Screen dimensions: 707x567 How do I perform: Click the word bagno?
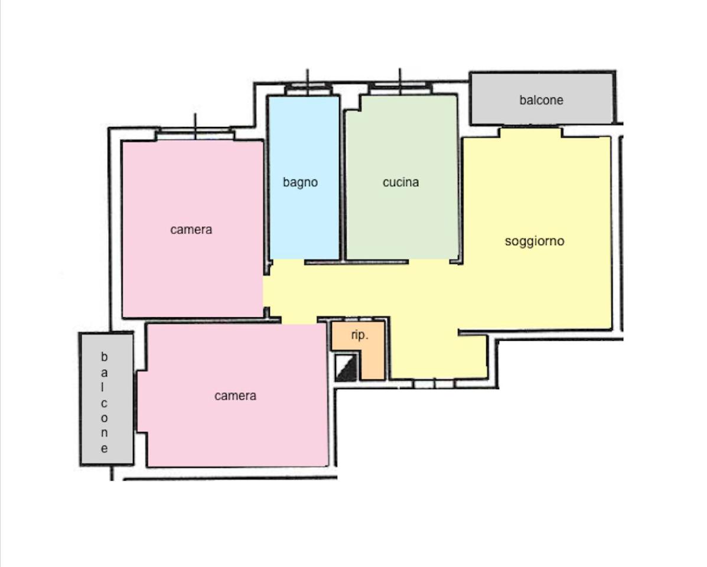300,183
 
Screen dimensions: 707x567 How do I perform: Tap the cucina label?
401,182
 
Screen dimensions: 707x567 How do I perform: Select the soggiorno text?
535,241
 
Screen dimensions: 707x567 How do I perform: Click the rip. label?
359,335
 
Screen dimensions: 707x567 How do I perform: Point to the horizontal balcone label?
541,100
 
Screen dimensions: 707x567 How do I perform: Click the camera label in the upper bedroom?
191,229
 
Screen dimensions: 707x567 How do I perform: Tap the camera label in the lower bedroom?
235,396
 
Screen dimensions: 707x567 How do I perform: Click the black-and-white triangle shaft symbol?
346,367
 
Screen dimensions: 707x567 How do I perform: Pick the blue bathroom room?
304,178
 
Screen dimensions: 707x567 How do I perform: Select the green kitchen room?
401,177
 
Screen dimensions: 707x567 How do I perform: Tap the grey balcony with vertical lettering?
107,399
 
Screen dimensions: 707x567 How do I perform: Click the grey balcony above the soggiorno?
542,98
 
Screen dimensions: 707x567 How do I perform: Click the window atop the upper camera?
195,135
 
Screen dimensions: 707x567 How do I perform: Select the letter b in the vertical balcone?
104,357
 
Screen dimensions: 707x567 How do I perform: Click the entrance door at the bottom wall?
434,384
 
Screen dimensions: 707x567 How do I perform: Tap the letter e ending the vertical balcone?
104,448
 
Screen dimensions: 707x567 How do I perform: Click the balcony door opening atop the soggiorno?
531,132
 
